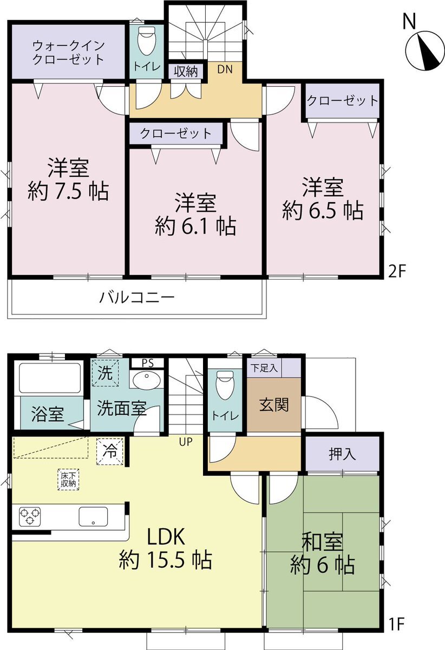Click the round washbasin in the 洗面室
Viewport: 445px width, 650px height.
point(146,378)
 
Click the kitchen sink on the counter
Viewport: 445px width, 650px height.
point(94,517)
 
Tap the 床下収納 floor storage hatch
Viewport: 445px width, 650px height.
point(68,480)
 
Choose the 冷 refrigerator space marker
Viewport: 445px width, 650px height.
point(110,451)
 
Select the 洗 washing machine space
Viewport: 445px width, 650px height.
point(104,372)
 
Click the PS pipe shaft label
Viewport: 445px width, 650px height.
point(147,363)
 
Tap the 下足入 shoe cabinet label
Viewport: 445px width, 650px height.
point(265,368)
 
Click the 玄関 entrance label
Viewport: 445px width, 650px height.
point(274,404)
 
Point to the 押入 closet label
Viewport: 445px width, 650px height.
point(342,454)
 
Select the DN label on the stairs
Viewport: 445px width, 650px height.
point(225,69)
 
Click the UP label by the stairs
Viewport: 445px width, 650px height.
point(186,442)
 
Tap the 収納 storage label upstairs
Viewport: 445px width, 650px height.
point(186,72)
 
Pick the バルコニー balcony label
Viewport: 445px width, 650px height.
point(137,297)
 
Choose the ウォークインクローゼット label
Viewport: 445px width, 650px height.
point(68,52)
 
